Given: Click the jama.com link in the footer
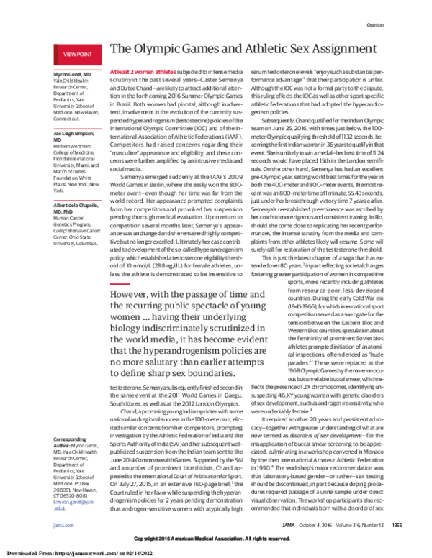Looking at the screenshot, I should (x=63, y=526).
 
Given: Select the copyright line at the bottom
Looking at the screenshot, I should (x=216, y=539).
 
